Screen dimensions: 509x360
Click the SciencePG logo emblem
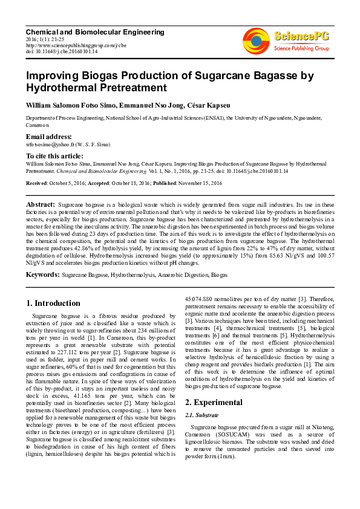click(x=255, y=41)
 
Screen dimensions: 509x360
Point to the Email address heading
click(x=48, y=137)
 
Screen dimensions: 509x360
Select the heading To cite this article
click(x=56, y=155)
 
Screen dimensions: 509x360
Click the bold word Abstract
click(x=41, y=206)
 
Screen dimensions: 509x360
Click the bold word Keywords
click(x=42, y=274)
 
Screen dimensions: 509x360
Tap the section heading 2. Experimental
click(x=214, y=402)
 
